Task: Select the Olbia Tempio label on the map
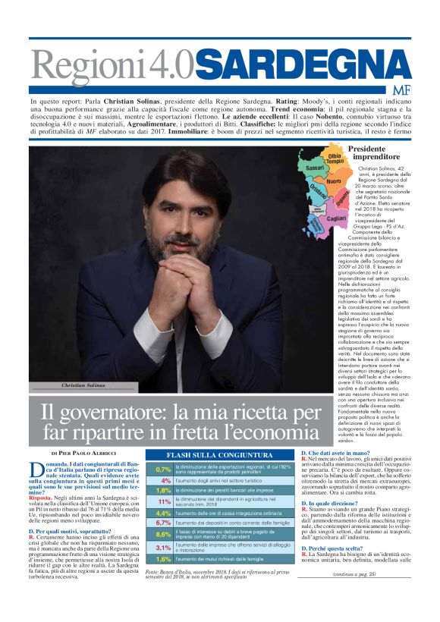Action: point(335,159)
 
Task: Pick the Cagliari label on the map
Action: point(336,218)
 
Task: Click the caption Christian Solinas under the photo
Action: point(83,385)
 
